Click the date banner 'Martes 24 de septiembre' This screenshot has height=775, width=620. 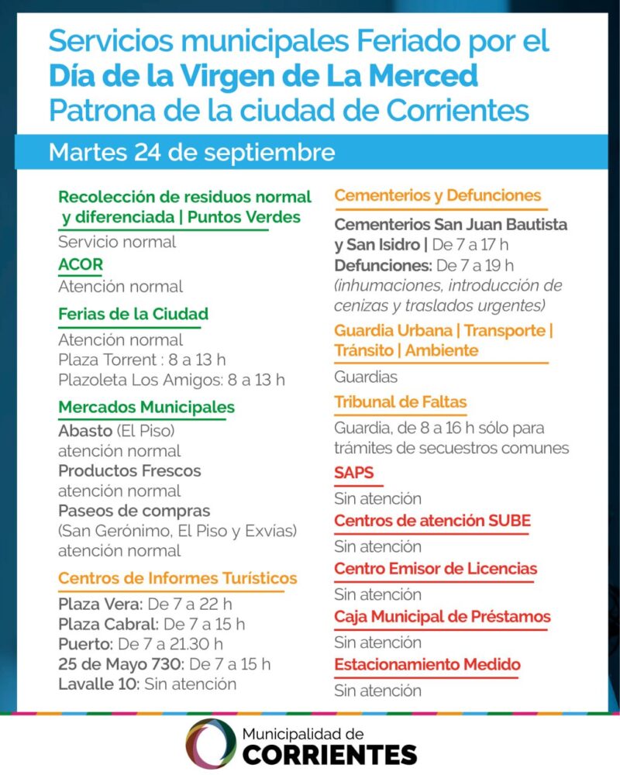tap(191, 152)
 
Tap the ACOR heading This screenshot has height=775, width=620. tap(81, 264)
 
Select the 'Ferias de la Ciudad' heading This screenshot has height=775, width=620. tap(133, 315)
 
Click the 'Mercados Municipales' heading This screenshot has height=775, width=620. tap(146, 407)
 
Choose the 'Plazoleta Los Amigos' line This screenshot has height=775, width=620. tap(171, 380)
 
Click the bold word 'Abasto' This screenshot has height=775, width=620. tap(84, 431)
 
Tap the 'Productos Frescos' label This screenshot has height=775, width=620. tap(129, 471)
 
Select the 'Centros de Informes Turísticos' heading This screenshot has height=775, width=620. tap(177, 578)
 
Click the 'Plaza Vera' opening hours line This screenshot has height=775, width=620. tap(145, 604)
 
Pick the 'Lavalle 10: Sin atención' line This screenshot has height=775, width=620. tap(147, 684)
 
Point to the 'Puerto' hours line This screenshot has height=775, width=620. tap(140, 644)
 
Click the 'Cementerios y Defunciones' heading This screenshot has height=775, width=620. tap(438, 195)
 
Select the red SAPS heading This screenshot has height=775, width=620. tap(353, 473)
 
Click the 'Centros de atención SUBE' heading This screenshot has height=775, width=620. tap(432, 521)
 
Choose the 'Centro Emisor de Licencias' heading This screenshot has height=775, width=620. tap(436, 569)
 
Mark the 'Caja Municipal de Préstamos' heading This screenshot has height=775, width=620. tap(443, 617)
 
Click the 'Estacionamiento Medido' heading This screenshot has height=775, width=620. tap(427, 665)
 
